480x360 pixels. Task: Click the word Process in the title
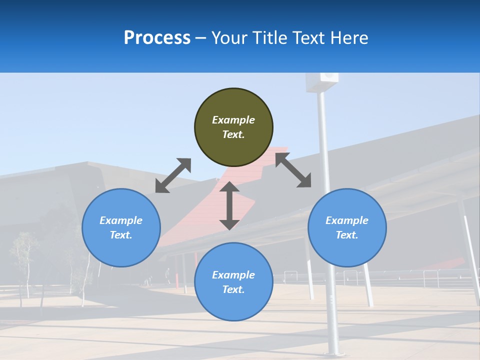[x=157, y=38]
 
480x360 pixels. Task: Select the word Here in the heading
[x=349, y=38]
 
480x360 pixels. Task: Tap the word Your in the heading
[x=229, y=38]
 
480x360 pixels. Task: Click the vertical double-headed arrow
[x=229, y=205]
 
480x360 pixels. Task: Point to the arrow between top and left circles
[x=173, y=175]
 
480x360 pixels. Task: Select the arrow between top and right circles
[x=293, y=170]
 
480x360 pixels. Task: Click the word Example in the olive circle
[x=233, y=120]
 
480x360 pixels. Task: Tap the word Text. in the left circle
[x=121, y=235]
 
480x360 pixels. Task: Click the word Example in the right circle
[x=347, y=220]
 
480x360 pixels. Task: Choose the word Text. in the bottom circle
[x=233, y=289]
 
